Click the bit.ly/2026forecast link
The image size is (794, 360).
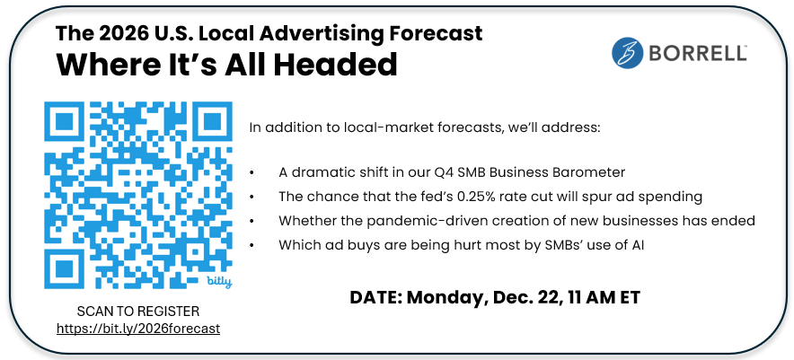coord(138,329)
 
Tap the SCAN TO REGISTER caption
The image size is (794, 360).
coord(138,311)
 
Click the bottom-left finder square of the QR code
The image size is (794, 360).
coord(65,268)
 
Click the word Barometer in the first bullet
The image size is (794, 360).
coord(587,172)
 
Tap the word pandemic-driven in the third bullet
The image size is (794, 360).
coord(410,220)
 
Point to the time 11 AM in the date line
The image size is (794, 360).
coord(586,297)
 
